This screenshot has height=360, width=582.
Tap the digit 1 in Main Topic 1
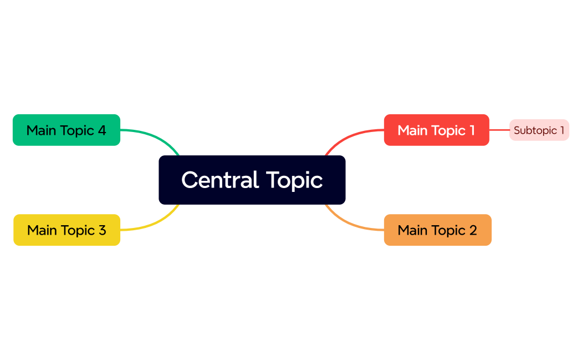pos(472,130)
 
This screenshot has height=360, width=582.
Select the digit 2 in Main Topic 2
pos(473,230)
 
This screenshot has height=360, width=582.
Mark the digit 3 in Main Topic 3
pos(102,230)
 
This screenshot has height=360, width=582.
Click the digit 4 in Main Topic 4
pos(101,130)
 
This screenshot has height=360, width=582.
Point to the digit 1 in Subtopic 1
pos(561,130)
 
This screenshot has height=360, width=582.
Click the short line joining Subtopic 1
pos(499,130)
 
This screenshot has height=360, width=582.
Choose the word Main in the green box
pos(41,130)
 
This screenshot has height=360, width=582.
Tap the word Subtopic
pos(534,131)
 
